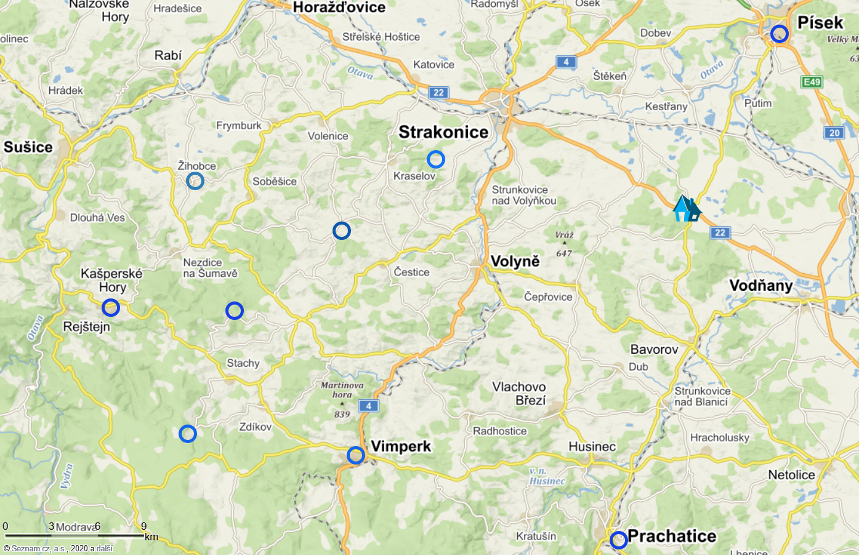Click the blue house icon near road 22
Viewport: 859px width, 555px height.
[x=686, y=209]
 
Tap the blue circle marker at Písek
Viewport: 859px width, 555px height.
[x=780, y=33]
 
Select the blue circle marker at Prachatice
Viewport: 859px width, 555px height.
[x=618, y=540]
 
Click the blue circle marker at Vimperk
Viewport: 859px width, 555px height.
[x=356, y=455]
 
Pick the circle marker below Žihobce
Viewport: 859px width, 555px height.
[x=195, y=180]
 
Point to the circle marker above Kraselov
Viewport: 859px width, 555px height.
[x=435, y=159]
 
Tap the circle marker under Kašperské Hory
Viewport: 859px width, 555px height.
[x=111, y=307]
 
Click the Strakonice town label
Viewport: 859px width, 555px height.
[x=443, y=132]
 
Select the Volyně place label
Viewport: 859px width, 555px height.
[x=515, y=262]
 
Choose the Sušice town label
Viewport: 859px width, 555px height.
[x=28, y=147]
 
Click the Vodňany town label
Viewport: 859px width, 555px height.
[x=761, y=285]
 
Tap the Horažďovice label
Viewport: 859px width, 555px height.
[x=339, y=8]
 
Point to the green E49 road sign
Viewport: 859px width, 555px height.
[x=812, y=82]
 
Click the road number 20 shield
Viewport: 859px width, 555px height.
[x=834, y=133]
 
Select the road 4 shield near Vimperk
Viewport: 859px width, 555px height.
[x=369, y=406]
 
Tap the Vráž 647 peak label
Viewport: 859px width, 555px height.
[x=564, y=244]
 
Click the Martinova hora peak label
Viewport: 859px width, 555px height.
[x=342, y=390]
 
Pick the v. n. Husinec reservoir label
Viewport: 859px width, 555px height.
[x=547, y=476]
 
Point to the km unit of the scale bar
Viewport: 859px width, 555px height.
[x=151, y=537]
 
